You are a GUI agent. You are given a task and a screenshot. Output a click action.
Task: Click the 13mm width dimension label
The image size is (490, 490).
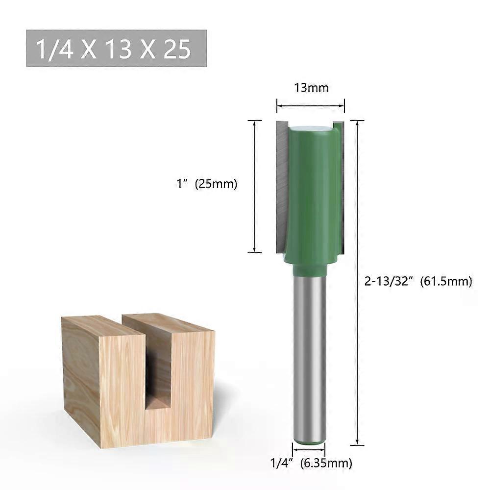click(311, 88)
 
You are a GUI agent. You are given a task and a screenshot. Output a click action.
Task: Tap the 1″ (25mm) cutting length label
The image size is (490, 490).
click(207, 184)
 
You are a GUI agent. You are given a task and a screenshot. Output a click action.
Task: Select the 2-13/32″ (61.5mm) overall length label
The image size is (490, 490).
click(418, 282)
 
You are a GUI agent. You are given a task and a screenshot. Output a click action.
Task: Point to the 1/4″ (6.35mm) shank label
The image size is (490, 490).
click(311, 463)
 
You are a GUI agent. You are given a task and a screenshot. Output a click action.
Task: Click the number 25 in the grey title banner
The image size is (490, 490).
click(177, 49)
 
